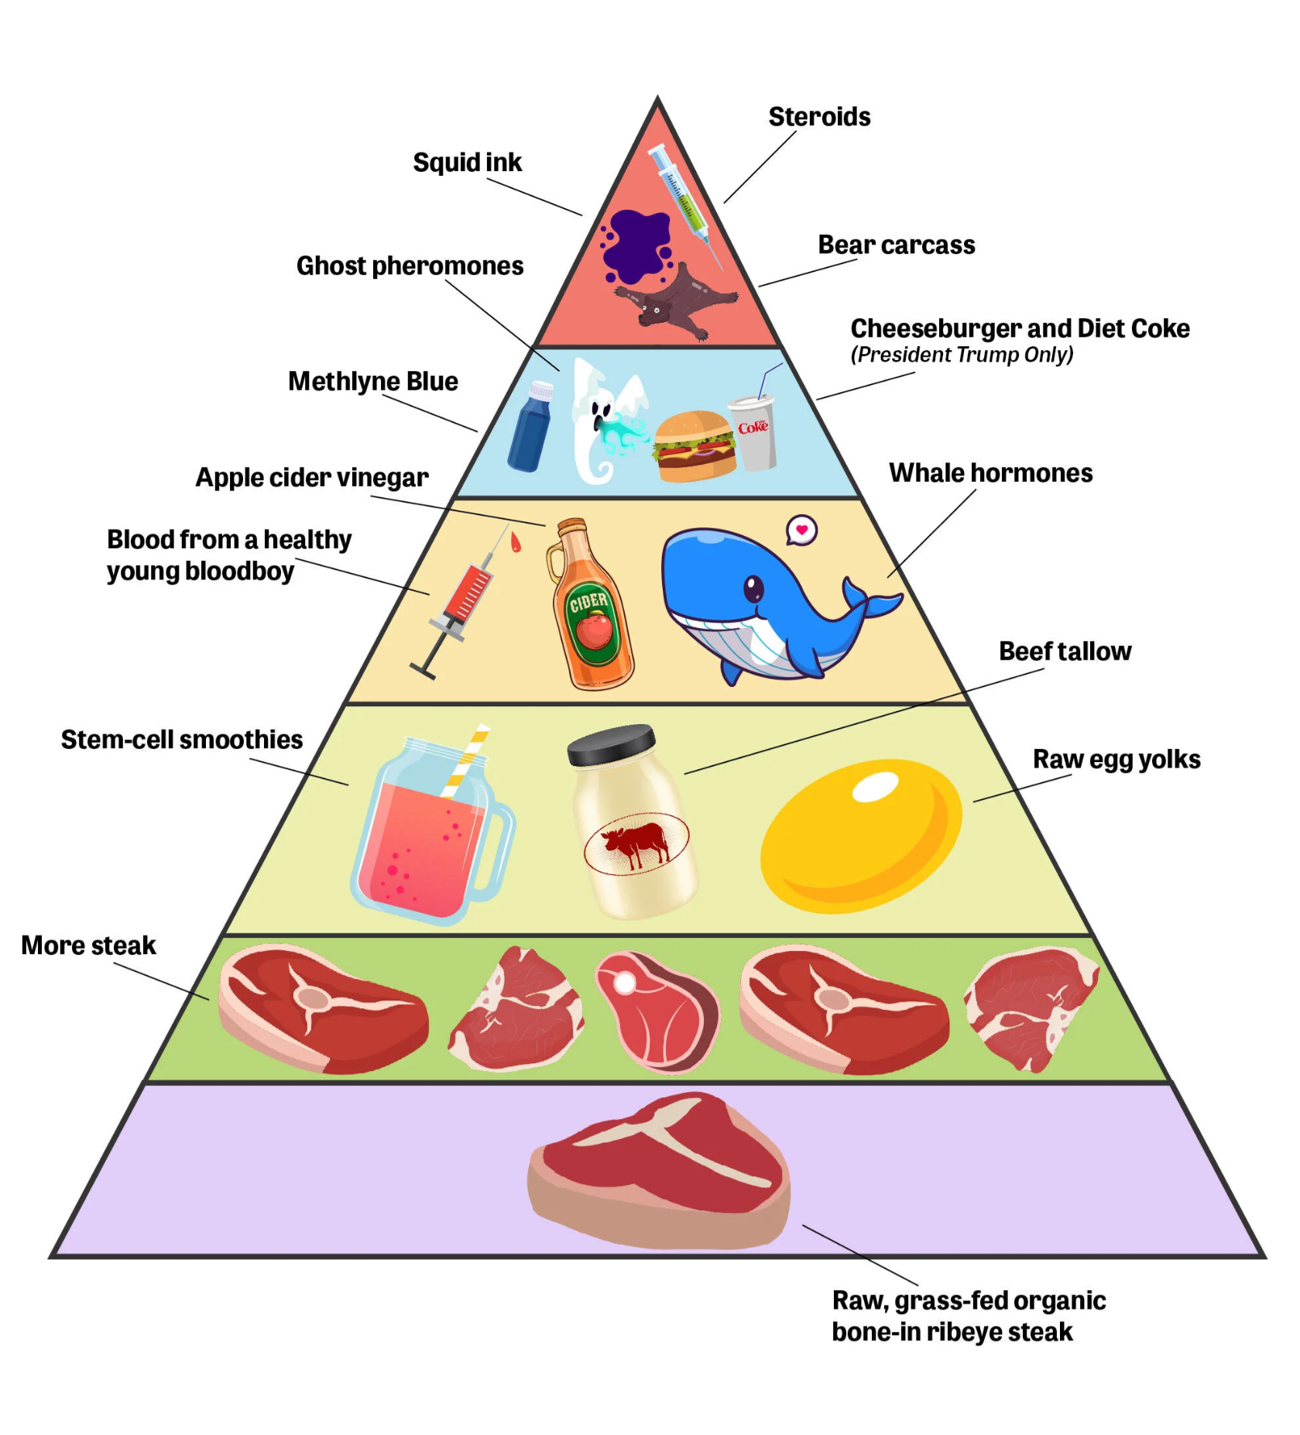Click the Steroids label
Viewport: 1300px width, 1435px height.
click(819, 117)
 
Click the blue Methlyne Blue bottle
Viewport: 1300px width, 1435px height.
click(531, 426)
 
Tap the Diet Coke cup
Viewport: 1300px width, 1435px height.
click(753, 430)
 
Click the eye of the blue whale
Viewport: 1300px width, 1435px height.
click(753, 589)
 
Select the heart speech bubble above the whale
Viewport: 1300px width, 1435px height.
click(801, 530)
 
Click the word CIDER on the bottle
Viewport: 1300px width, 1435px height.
click(588, 600)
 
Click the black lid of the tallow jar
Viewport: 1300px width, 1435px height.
click(612, 743)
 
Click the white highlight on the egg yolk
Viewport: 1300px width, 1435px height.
click(875, 787)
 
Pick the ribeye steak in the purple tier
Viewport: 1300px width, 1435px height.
click(659, 1169)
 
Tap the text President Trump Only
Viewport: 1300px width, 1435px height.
click(962, 355)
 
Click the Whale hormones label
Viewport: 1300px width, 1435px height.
click(991, 473)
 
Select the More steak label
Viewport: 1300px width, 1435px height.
click(88, 946)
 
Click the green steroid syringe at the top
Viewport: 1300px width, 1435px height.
click(686, 205)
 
